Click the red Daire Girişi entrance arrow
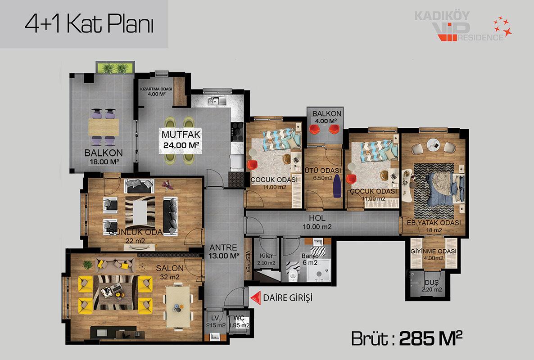(256, 298)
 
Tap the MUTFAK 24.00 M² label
(181, 139)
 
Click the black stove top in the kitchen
(237, 132)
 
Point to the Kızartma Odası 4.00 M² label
(156, 91)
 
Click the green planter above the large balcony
(115, 67)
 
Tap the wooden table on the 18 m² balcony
(104, 127)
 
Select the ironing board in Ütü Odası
(337, 186)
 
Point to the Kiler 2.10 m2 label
(266, 259)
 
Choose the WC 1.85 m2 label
(239, 322)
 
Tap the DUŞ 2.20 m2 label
(431, 286)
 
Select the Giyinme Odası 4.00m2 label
(434, 254)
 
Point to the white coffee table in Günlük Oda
(140, 213)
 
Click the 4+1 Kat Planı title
(89, 24)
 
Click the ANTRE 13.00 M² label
(224, 252)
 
